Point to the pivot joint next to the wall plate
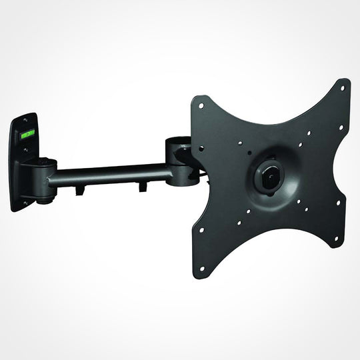point(46,177)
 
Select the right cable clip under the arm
point(142,189)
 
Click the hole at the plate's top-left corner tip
point(197,101)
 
